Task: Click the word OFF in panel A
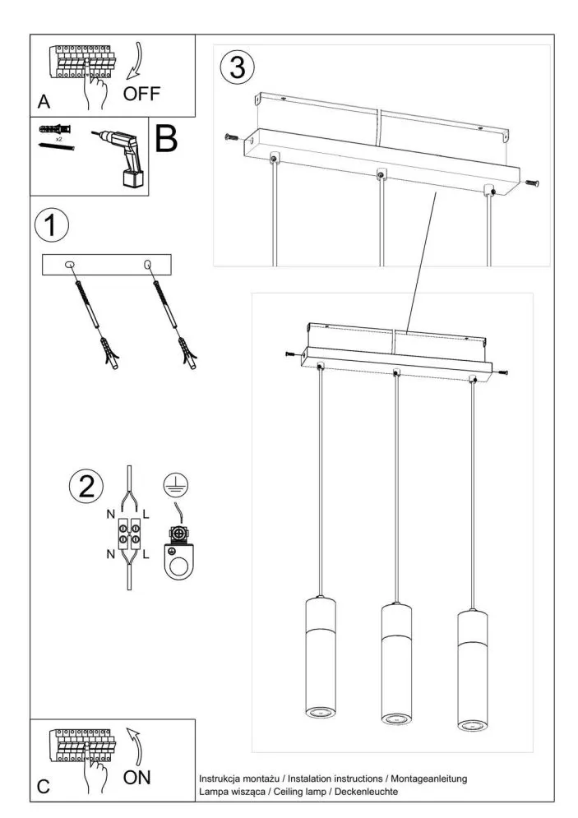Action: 141,93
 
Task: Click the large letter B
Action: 166,139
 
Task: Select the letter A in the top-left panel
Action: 44,103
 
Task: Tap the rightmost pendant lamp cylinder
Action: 471,670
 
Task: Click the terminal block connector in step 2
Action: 128,533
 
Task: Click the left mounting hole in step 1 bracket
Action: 70,264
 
